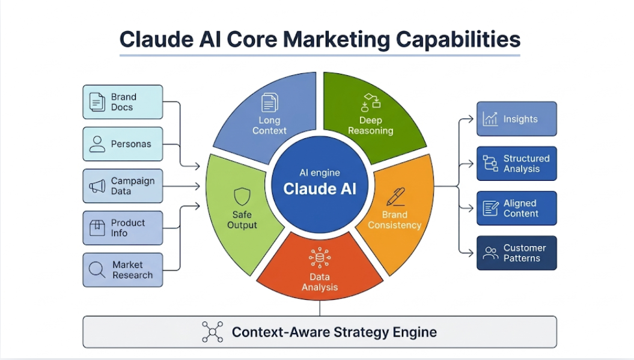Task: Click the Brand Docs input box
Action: (123, 102)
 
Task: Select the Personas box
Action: (123, 144)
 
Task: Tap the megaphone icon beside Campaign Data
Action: (97, 186)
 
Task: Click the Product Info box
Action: (123, 228)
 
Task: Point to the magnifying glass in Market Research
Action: (97, 270)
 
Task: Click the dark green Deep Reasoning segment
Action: (369, 114)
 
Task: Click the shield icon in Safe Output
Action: (242, 196)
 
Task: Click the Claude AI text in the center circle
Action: (319, 189)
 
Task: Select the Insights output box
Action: (516, 119)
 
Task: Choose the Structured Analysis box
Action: (516, 163)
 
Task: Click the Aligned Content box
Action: (516, 208)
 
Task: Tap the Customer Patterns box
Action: (516, 253)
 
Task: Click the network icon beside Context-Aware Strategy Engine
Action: (212, 332)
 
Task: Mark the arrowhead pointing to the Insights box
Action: (471, 119)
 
